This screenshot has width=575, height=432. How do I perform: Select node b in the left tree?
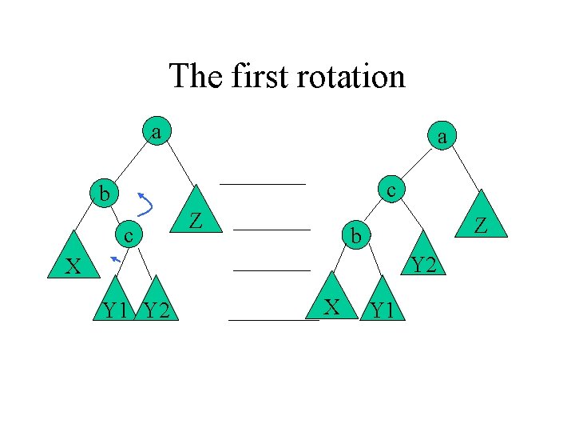pyautogui.click(x=104, y=194)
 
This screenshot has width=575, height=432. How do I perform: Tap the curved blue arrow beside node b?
pyautogui.click(x=145, y=204)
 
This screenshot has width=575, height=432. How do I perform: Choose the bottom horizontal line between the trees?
pyautogui.click(x=273, y=320)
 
